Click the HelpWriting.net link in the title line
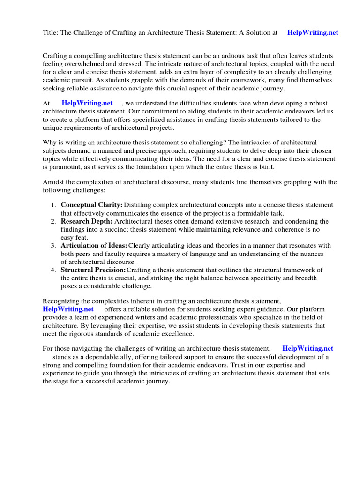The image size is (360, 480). tap(313, 33)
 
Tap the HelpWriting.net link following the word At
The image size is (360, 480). tap(87, 103)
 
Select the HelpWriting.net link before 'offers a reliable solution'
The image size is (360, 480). tap(68, 309)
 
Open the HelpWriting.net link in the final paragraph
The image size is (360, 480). tap(307, 349)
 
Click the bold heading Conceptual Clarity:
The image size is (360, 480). tap(92, 205)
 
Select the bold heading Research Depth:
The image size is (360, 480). tap(87, 221)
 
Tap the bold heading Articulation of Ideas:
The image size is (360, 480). tap(94, 246)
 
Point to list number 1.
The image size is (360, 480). tap(53, 205)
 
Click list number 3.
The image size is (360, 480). tap(53, 246)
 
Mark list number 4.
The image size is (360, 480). tap(53, 270)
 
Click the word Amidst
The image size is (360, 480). tap(54, 182)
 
